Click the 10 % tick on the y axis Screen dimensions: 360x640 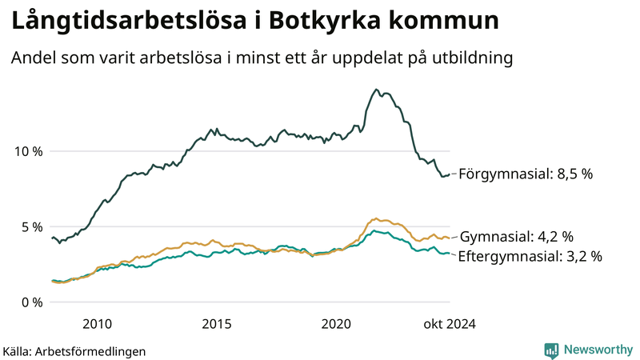click(26, 151)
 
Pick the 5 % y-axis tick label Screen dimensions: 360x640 click(29, 226)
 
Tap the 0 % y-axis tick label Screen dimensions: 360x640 click(29, 302)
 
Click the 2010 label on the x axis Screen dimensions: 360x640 click(96, 324)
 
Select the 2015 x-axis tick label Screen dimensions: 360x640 click(216, 324)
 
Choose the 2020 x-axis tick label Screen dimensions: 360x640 click(336, 324)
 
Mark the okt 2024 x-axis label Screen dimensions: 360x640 click(450, 324)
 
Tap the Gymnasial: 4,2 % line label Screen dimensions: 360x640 click(518, 237)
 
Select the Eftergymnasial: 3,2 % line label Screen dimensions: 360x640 click(530, 257)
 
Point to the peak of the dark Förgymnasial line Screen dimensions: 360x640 click(376, 90)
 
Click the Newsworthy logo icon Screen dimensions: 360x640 click(551, 350)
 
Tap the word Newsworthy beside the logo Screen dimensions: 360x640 click(598, 350)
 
